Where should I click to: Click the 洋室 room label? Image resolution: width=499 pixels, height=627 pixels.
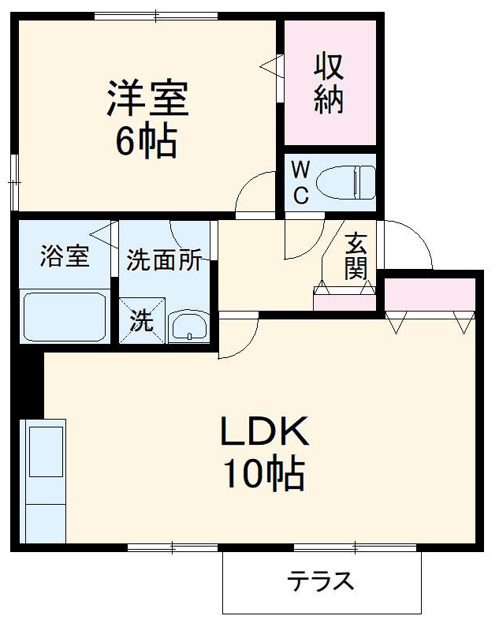point(147,99)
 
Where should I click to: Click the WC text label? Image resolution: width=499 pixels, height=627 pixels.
point(300,182)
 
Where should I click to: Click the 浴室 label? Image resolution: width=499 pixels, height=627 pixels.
point(65,257)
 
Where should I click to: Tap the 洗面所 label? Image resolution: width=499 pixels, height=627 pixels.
point(165,261)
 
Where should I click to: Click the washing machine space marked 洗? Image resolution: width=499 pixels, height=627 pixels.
point(142,320)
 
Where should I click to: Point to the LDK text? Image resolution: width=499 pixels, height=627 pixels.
point(262,431)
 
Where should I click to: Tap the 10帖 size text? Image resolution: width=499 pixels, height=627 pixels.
point(262,474)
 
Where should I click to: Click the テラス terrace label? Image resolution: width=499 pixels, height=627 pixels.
point(320,582)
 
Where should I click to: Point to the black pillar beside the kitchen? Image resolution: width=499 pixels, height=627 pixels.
point(28,383)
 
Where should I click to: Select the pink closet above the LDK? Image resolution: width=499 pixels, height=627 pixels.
point(430,293)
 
